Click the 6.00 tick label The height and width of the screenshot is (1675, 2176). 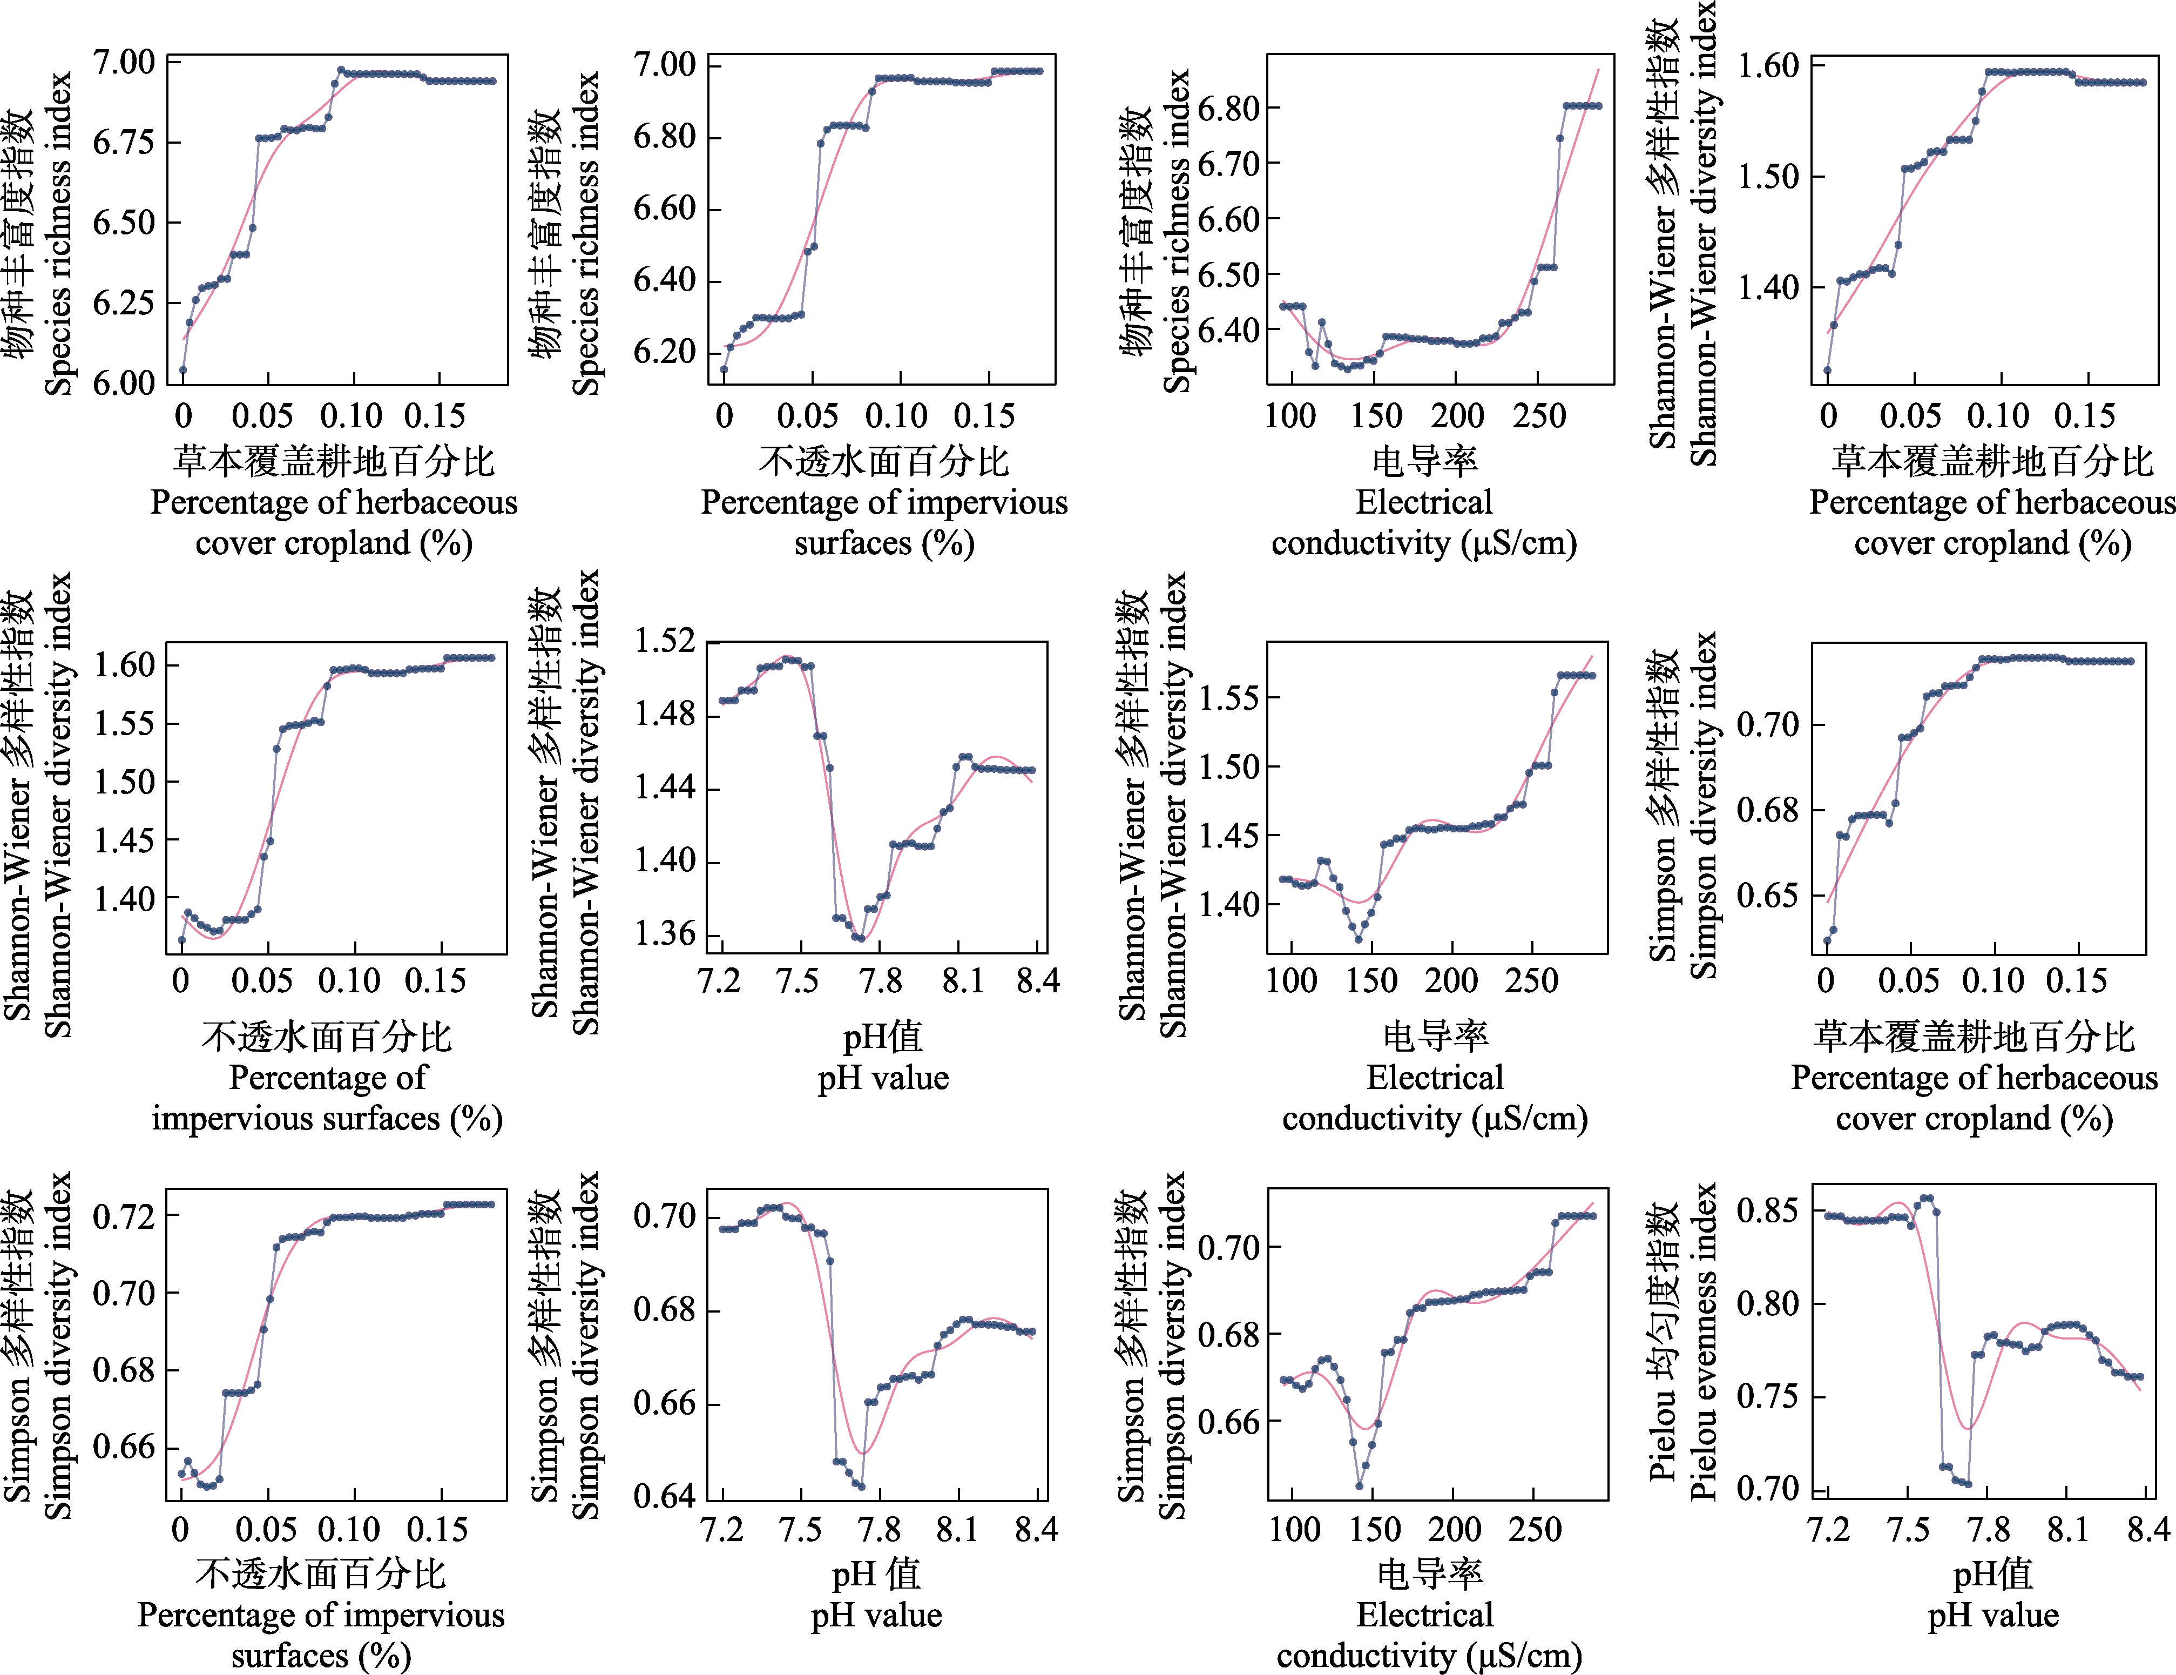(124, 384)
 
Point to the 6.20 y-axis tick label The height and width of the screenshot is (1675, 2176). (665, 352)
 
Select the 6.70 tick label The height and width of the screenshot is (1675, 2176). (1227, 164)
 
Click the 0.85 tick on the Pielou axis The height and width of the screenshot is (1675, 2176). (1767, 1210)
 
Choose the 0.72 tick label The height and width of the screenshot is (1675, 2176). (124, 1216)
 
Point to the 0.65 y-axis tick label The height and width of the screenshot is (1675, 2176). (1767, 895)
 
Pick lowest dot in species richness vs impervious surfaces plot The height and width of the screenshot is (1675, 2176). (724, 369)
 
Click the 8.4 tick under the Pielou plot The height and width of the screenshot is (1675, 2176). (2147, 1530)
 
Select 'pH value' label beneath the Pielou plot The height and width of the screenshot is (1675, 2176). (1992, 1615)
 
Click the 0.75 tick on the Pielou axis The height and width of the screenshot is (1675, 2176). (1767, 1396)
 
